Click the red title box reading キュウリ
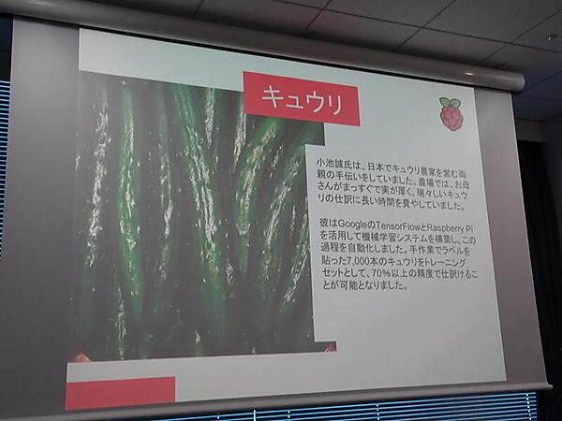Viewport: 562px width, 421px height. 302,98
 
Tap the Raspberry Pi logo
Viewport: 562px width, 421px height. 451,114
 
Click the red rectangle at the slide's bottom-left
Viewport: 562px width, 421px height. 120,392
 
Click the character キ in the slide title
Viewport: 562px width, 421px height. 273,97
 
